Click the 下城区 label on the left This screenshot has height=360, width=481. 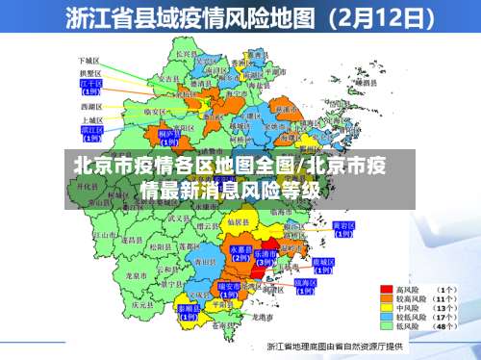pyautogui.click(x=90, y=60)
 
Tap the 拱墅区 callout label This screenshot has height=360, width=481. pyautogui.click(x=90, y=72)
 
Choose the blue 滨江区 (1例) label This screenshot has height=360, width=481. pyautogui.click(x=91, y=131)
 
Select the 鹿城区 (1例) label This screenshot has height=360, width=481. pyautogui.click(x=324, y=265)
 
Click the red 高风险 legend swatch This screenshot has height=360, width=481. pyautogui.click(x=387, y=289)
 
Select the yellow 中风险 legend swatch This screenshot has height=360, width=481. pyautogui.click(x=387, y=307)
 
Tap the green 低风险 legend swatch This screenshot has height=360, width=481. pyautogui.click(x=387, y=325)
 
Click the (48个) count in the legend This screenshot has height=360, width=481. pyautogui.click(x=445, y=325)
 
